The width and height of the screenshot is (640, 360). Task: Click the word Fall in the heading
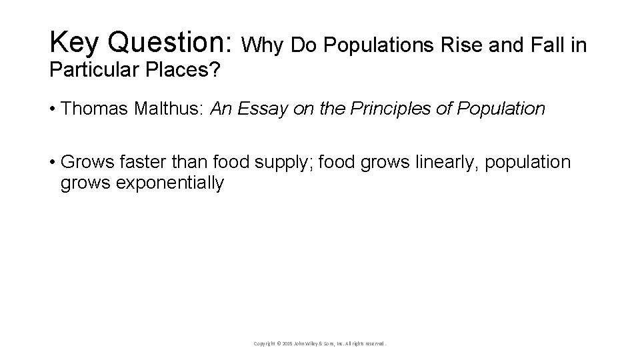[x=549, y=45]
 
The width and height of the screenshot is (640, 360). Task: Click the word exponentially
[x=170, y=183]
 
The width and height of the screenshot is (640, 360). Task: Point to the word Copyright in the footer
[x=265, y=343]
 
